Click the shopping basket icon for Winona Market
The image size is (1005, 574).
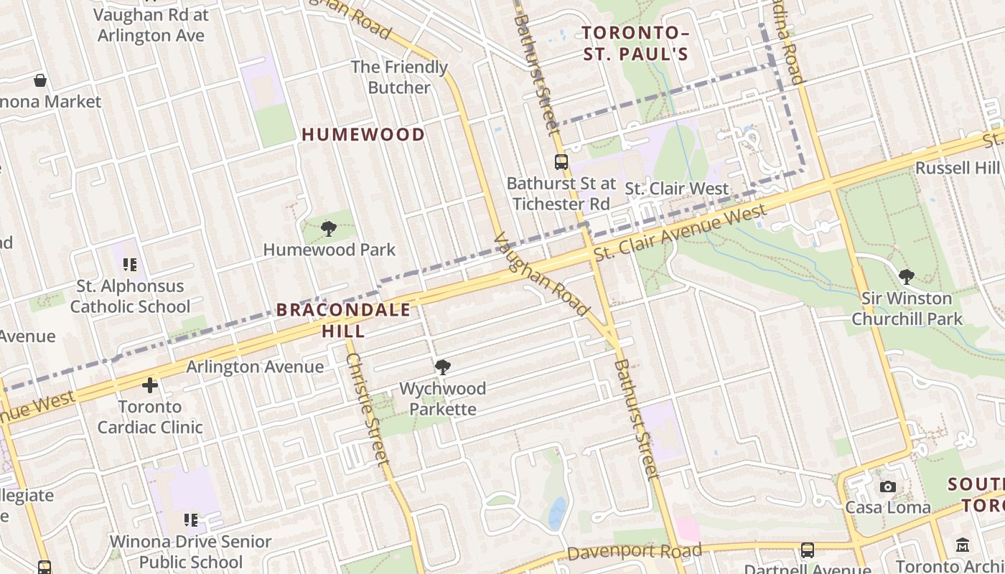pyautogui.click(x=40, y=80)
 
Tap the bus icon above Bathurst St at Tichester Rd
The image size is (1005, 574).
pyautogui.click(x=561, y=162)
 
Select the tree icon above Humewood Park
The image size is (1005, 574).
pyautogui.click(x=329, y=229)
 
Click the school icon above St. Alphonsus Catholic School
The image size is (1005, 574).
pyautogui.click(x=130, y=265)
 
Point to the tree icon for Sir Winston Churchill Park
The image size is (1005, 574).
pyautogui.click(x=907, y=276)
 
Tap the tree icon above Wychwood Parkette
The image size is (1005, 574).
pyautogui.click(x=443, y=367)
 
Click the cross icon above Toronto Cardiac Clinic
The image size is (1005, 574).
pyautogui.click(x=150, y=386)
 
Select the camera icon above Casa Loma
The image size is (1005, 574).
pyautogui.click(x=888, y=486)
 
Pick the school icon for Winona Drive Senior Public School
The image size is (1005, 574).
pyautogui.click(x=190, y=519)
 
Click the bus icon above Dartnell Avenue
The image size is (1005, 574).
pyautogui.click(x=808, y=550)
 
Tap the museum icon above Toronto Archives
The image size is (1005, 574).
pyautogui.click(x=963, y=546)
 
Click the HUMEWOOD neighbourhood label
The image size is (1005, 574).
pyautogui.click(x=363, y=134)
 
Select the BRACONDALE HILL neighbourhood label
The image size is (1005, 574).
pyautogui.click(x=343, y=320)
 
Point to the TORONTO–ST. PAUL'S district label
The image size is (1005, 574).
pyautogui.click(x=635, y=43)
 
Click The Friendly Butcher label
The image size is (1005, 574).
pyautogui.click(x=399, y=77)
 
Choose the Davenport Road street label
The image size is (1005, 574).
pyautogui.click(x=634, y=552)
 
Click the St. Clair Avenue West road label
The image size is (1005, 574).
pyautogui.click(x=680, y=232)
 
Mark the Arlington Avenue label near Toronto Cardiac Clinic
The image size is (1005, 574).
pyautogui.click(x=255, y=367)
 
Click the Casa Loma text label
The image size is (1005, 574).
pyautogui.click(x=888, y=507)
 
